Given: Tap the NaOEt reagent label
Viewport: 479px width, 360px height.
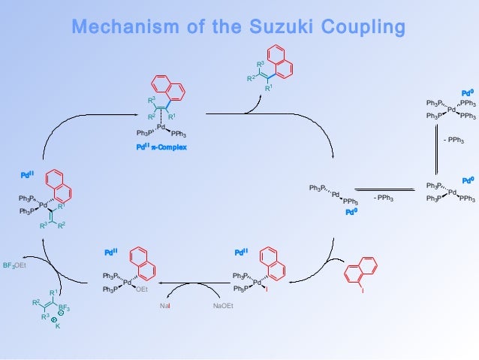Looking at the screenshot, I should click(223, 307).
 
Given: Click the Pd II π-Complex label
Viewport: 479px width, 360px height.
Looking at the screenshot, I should click(162, 147).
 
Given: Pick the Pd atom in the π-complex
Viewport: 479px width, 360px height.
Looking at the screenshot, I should click(161, 127).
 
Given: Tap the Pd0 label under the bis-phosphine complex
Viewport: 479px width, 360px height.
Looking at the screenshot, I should click(351, 212).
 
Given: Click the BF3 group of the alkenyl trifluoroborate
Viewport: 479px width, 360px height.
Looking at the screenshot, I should click(65, 307).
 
